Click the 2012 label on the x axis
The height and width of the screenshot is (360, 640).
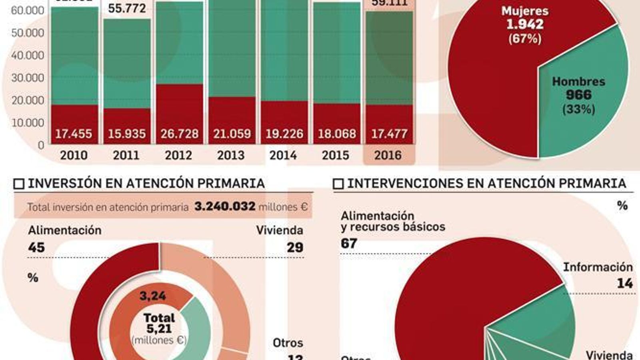pos(178,155)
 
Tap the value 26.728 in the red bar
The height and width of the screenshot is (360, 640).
pos(180,134)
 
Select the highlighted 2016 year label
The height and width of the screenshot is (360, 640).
pos(388,155)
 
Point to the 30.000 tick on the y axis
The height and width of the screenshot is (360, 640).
pos(28,78)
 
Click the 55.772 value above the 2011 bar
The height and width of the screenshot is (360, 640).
pos(127,8)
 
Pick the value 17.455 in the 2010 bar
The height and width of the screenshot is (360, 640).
pos(74,134)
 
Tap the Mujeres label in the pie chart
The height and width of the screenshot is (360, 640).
pos(525,11)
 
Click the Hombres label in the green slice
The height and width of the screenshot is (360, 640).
pos(578,82)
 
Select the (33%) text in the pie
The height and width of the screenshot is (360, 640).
pos(578,109)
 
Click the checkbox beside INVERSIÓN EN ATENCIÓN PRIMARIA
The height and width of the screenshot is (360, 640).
pos(19,184)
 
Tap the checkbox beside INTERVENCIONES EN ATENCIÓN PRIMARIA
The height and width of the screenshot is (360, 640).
pos(338,184)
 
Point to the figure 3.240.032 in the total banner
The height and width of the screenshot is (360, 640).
pos(225,206)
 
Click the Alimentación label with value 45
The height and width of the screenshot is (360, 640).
pos(65,230)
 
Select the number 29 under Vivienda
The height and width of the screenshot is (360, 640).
pos(295,248)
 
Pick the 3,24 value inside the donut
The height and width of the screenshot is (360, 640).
pos(153,296)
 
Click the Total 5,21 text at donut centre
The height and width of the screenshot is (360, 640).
pos(159,323)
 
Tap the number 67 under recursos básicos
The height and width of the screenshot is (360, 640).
pos(349,243)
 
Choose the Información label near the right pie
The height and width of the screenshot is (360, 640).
pos(598,267)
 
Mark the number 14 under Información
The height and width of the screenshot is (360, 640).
pos(625,284)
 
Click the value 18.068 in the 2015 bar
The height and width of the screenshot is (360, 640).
pos(337,134)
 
